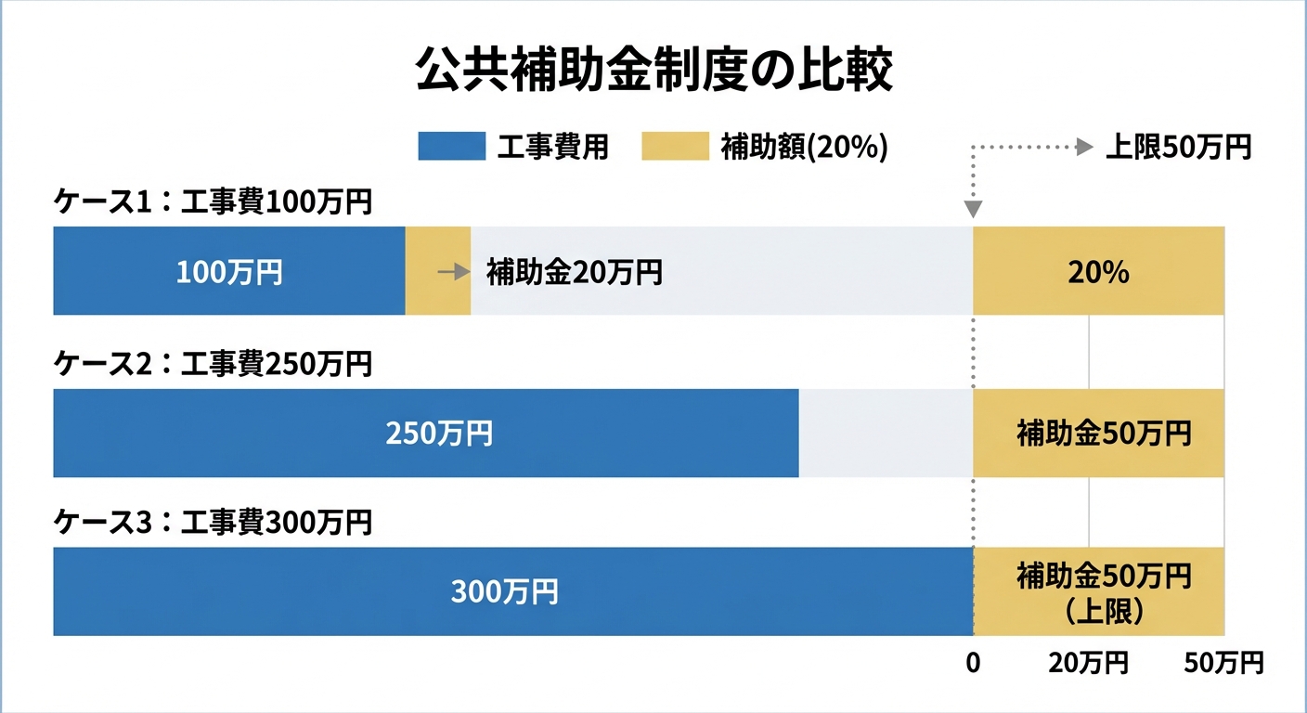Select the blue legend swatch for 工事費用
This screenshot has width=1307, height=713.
point(451,147)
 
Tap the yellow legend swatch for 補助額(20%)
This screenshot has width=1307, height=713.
point(675,147)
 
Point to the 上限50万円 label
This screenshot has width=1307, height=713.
point(1178,147)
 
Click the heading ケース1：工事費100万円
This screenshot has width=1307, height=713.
point(213,202)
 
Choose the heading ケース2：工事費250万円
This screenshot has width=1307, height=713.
point(213,365)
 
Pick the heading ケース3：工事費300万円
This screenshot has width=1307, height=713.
point(213,523)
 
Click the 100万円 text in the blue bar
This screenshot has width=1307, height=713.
point(229,272)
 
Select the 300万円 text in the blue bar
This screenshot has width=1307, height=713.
point(505,592)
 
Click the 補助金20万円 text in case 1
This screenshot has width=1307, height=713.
point(574,272)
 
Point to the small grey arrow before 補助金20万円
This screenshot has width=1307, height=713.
point(453,272)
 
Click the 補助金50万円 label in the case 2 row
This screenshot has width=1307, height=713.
point(1104,434)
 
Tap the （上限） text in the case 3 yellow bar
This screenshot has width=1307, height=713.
point(1104,612)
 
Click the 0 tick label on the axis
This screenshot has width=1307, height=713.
point(973,663)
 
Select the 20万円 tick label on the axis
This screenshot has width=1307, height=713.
point(1088,663)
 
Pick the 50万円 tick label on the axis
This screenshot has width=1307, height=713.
point(1223,663)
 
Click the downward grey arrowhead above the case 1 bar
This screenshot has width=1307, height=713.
point(973,208)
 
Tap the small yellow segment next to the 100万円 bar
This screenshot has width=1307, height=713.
point(438,288)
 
